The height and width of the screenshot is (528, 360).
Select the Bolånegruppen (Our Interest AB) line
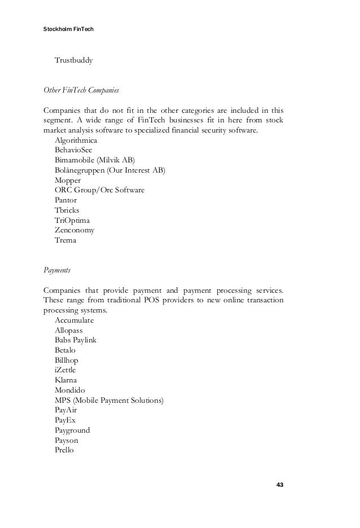tap(111, 170)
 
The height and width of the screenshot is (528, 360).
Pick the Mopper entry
tap(68, 180)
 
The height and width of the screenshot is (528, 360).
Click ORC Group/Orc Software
tap(99, 190)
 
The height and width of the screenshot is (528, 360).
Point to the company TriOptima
tap(72, 221)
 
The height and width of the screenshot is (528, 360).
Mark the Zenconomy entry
tap(74, 230)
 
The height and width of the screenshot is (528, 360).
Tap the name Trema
tap(65, 240)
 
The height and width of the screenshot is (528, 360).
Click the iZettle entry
tap(65, 370)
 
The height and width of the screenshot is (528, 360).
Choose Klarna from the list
tap(66, 380)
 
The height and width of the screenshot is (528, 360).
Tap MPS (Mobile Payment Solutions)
tap(109, 400)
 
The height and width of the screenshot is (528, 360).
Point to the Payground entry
tap(72, 430)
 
